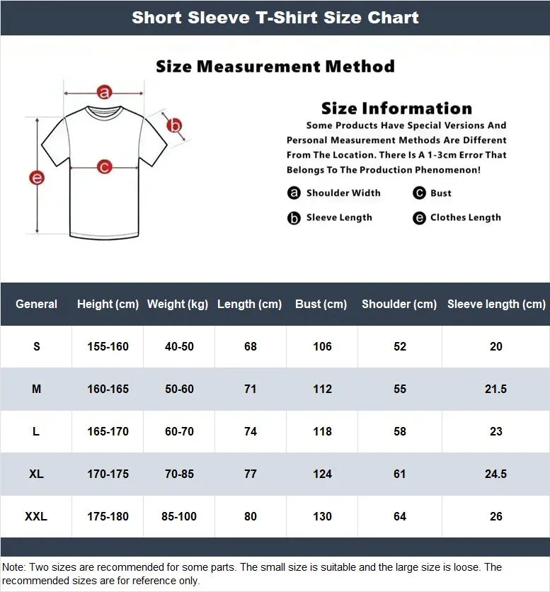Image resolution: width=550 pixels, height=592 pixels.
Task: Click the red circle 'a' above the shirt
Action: (x=105, y=92)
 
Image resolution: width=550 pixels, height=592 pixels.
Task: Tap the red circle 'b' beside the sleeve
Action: (x=174, y=127)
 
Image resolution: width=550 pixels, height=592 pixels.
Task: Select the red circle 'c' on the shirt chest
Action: (x=104, y=168)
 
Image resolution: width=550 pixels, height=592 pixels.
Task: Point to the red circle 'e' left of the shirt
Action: (x=37, y=178)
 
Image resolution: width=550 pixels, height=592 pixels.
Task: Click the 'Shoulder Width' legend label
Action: (x=343, y=193)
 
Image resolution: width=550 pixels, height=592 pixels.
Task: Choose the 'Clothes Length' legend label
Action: (x=465, y=217)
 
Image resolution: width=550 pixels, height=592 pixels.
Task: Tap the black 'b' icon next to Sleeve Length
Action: (x=294, y=218)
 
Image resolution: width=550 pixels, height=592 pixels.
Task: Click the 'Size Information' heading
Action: (x=396, y=108)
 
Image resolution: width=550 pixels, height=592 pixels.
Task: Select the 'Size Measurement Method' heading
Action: (x=275, y=67)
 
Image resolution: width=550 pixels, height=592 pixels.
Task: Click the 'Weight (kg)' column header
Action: (x=178, y=304)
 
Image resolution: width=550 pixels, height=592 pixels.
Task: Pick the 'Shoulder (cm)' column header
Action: (x=399, y=304)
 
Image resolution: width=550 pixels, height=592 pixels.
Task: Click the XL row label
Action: (x=36, y=474)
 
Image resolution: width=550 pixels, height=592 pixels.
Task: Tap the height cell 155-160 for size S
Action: (x=108, y=346)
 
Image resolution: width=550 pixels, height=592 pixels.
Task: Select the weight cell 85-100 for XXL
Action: (x=179, y=516)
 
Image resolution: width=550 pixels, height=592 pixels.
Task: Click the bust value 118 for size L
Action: (x=322, y=431)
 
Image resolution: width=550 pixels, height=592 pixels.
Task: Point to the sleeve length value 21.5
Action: (x=495, y=389)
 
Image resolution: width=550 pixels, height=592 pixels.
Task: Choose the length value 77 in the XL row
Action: (x=250, y=474)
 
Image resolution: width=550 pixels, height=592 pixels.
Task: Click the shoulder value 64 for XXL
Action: (x=400, y=516)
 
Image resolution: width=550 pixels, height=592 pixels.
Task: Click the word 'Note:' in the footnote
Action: (x=14, y=567)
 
